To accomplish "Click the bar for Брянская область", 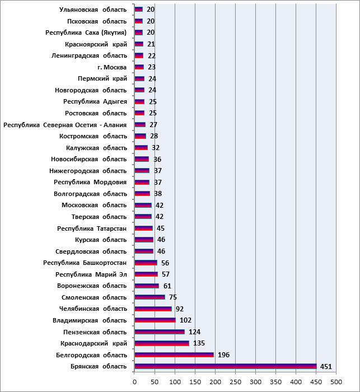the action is (226, 366).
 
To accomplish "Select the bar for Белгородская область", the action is (174, 354).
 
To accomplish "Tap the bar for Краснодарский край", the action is (162, 343).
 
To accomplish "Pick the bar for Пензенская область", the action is (160, 332).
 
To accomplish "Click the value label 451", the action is (326, 366).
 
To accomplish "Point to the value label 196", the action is (223, 355).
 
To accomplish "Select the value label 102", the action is (185, 320).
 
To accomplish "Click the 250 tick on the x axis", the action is (236, 382).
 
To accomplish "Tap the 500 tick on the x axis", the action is (336, 382).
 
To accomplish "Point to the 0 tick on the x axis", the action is (134, 382).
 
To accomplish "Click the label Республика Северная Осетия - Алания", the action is (65, 125).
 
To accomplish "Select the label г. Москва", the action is (112, 67).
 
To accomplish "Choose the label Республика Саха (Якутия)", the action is (86, 32).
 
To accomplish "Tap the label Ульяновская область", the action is (93, 10).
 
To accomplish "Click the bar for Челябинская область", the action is (153, 309).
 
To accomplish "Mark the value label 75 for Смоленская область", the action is (173, 297).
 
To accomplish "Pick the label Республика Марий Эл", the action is (91, 274).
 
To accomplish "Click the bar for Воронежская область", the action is (147, 286).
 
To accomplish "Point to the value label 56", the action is (165, 263).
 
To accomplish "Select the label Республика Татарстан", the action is (92, 228).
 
